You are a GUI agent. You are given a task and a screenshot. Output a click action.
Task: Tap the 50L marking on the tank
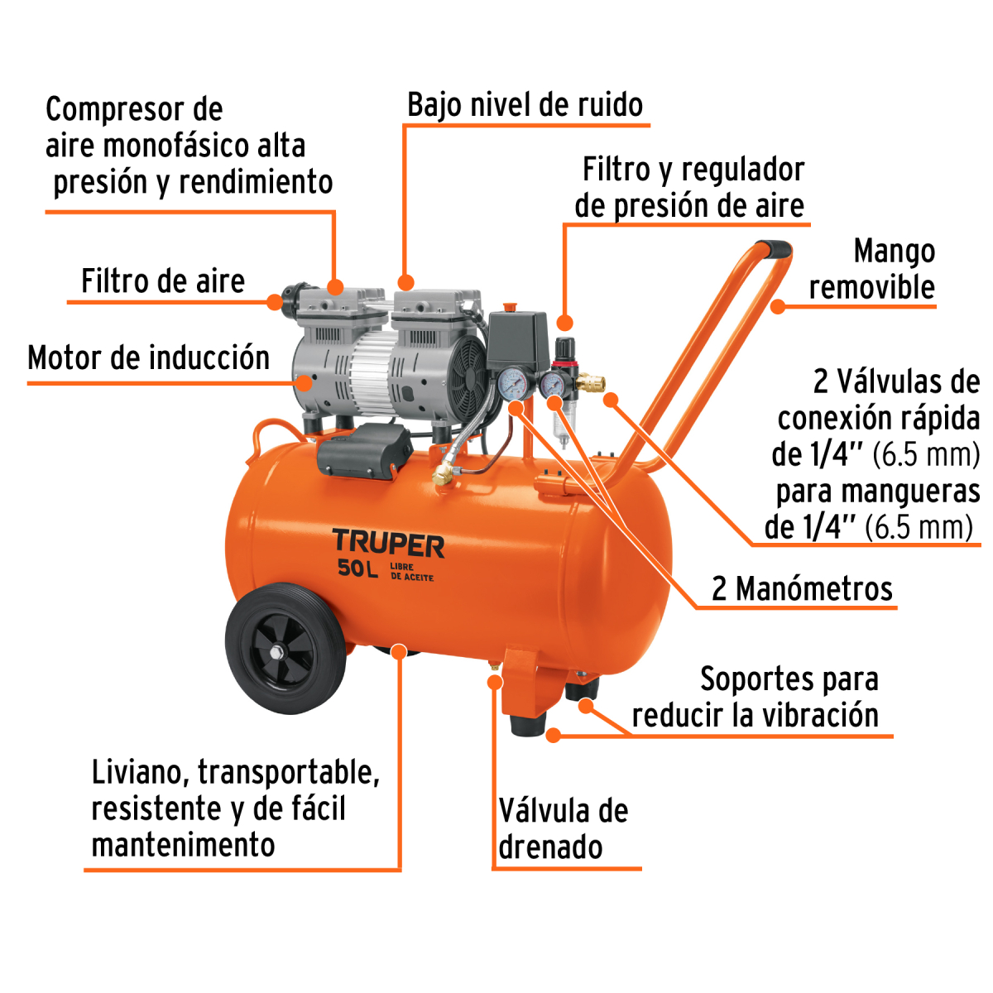point(357,568)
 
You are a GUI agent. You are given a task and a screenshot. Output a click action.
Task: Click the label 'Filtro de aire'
point(163,281)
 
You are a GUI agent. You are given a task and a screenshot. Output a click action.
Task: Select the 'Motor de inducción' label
point(149,358)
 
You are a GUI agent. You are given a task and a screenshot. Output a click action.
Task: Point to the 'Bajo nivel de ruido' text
point(525,105)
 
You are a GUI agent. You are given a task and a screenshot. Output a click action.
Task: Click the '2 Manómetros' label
point(802,588)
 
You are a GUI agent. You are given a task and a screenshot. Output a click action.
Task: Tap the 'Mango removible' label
point(873,269)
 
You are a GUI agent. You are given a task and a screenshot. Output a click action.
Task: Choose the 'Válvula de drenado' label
point(563,828)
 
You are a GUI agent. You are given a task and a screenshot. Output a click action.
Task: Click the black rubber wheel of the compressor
point(284,647)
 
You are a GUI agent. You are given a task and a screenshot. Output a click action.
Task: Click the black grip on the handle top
point(774,247)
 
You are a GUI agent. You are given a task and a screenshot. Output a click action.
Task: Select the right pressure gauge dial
point(553,385)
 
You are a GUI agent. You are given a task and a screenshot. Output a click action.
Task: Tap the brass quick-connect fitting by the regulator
point(592,383)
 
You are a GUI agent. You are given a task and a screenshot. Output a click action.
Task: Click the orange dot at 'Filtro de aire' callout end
point(275,302)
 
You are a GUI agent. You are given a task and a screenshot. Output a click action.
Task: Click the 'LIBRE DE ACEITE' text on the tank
point(411,572)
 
